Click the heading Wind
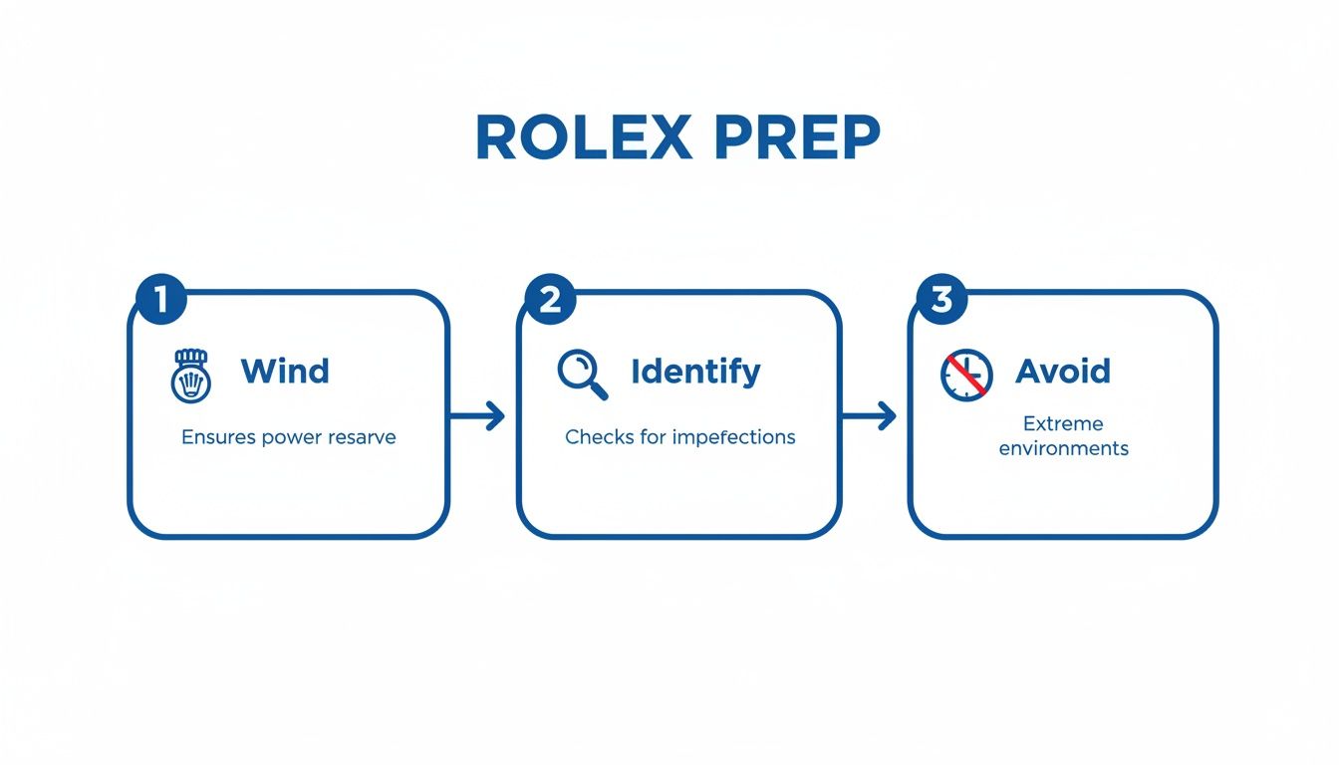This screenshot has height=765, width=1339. (285, 372)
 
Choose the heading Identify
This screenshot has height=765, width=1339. (695, 372)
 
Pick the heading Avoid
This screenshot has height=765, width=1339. (1062, 372)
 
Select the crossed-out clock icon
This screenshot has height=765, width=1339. (965, 375)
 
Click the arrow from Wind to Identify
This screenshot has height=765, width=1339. (479, 416)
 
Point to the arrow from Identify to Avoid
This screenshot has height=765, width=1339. (871, 416)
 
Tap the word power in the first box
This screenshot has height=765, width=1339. (291, 437)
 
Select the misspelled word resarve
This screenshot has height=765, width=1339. (361, 437)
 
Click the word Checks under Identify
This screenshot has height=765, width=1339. (595, 437)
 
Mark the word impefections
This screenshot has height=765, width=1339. (733, 437)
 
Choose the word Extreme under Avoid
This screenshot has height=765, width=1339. (1063, 424)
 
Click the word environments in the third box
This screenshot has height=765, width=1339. (1063, 448)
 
